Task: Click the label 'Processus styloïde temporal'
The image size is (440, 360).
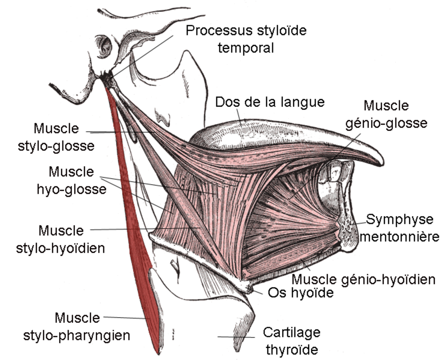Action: coord(246,39)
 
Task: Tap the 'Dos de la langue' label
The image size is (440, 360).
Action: coord(270,102)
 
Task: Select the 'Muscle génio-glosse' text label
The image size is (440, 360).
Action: coord(386,114)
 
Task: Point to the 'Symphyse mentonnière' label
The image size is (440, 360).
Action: coord(399,228)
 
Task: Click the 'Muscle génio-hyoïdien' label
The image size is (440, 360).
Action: coord(363,279)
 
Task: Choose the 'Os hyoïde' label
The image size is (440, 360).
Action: coord(301,293)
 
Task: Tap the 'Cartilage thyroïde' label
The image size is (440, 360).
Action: coord(292,341)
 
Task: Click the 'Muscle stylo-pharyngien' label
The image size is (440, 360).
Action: coord(77,327)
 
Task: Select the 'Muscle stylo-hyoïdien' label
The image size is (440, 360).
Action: coord(60,239)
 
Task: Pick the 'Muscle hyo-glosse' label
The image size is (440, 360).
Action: coord(72,180)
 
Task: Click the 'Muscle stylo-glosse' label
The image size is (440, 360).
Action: coord(56,137)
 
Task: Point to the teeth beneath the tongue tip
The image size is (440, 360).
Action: coord(334,171)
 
